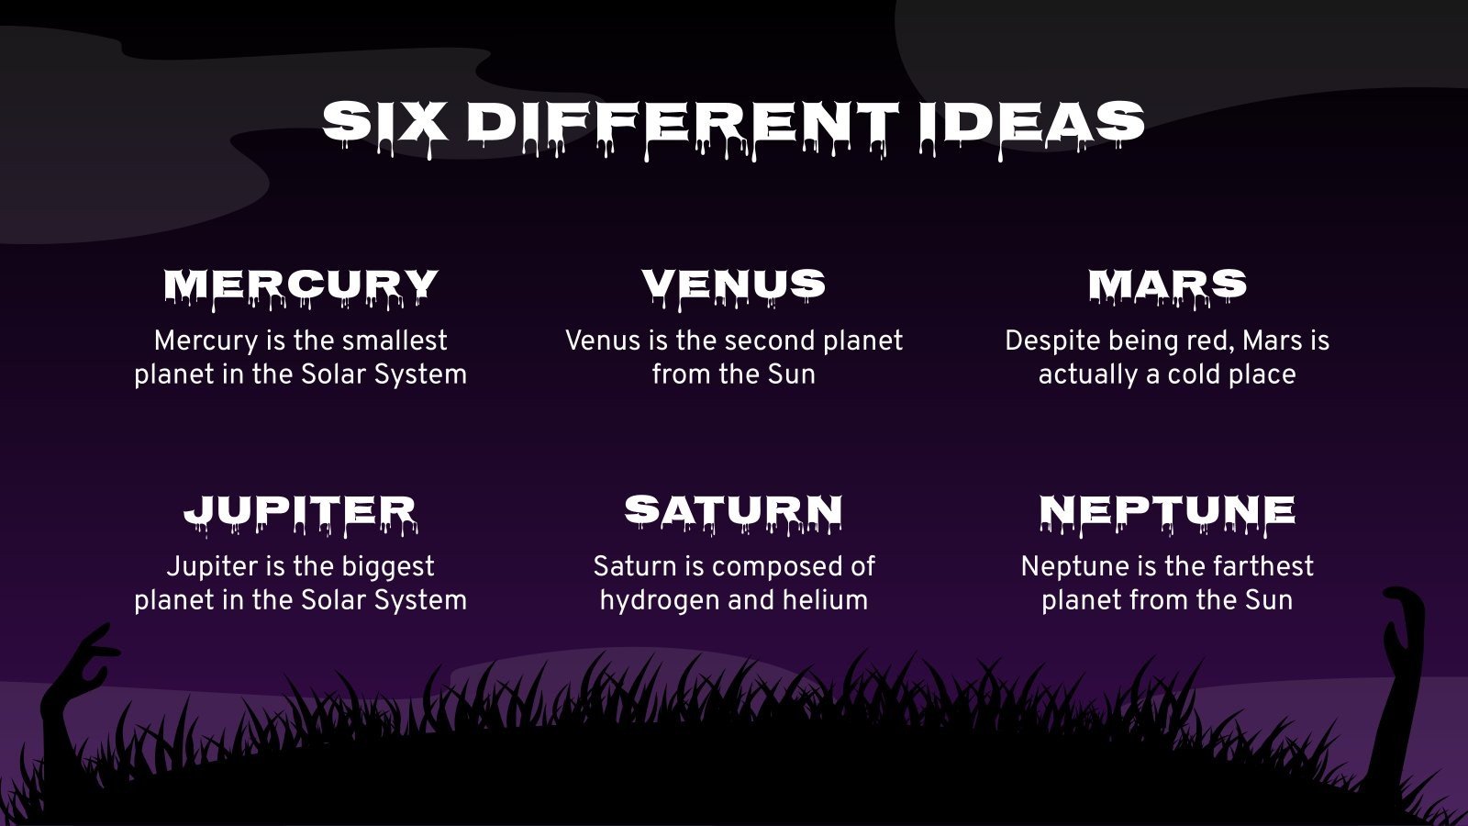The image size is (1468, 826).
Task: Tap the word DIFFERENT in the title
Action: (683, 126)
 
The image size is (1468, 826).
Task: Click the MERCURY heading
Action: (301, 287)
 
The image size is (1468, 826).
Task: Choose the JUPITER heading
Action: (301, 514)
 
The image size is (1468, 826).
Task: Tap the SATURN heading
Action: (733, 514)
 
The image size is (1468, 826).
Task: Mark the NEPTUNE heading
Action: (1167, 514)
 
